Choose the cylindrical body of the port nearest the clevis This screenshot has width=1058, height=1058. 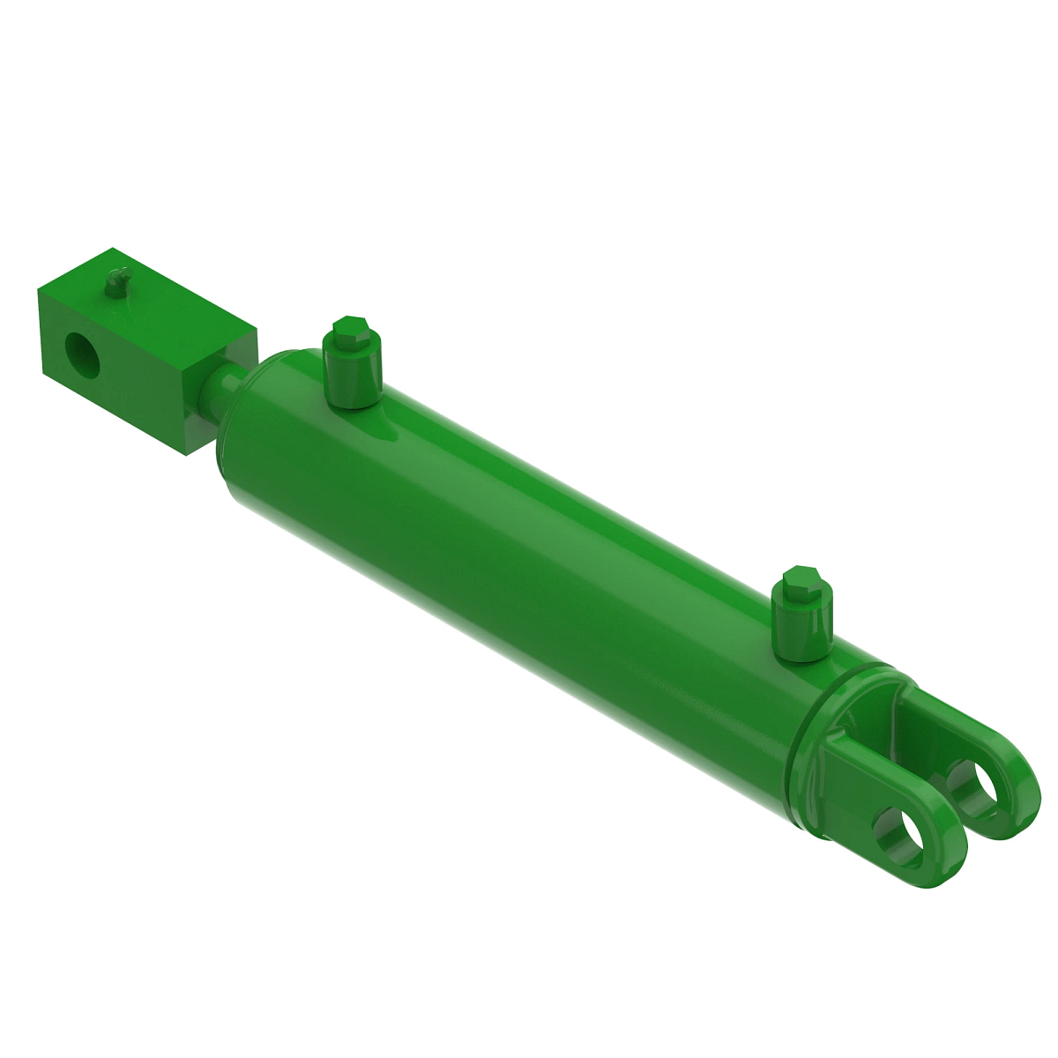coord(802,626)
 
